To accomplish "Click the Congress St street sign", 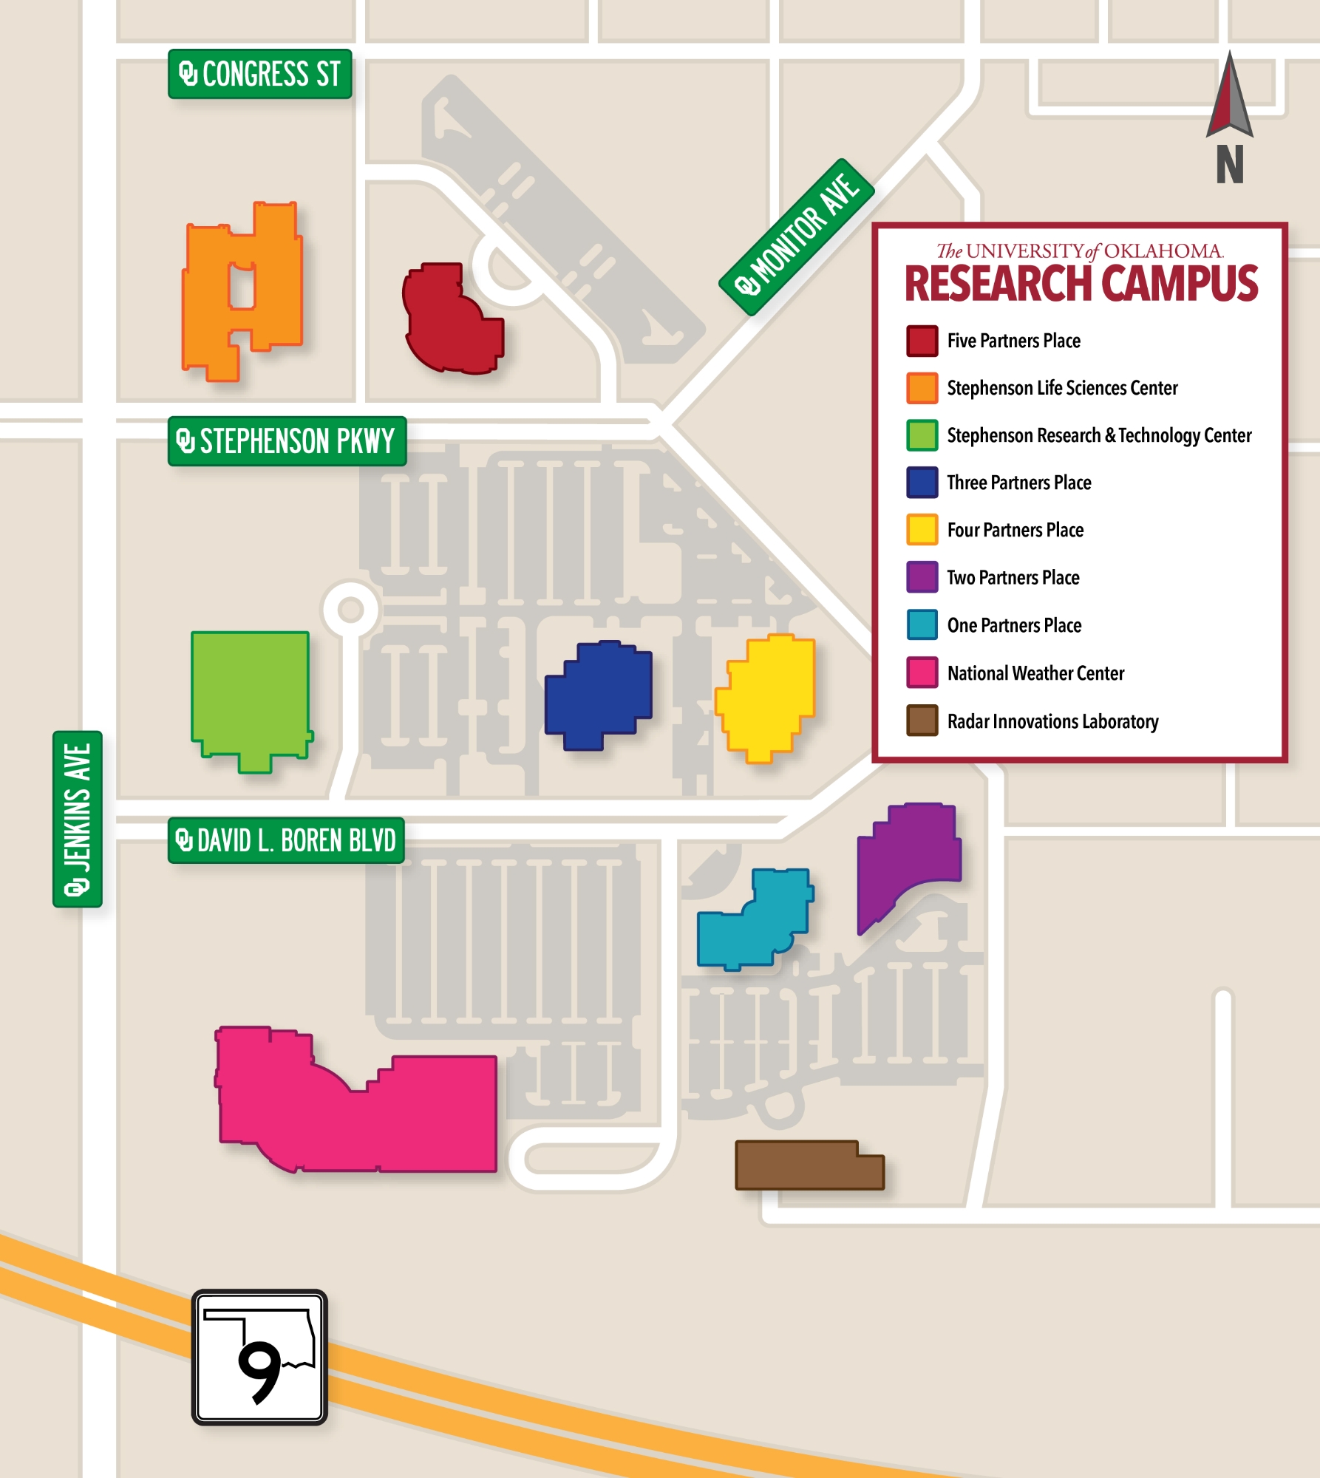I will coord(259,74).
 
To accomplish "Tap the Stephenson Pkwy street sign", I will coord(287,441).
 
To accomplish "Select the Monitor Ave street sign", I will coord(797,236).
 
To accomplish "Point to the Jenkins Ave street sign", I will coord(77,819).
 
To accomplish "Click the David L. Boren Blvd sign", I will coord(286,840).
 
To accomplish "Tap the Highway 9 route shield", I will coord(259,1357).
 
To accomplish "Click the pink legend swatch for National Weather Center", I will coord(922,672).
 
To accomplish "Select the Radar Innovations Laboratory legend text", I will coord(1052,721).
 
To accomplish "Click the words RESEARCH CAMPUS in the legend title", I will coord(1081,285).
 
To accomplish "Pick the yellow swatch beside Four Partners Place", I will coord(922,530).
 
